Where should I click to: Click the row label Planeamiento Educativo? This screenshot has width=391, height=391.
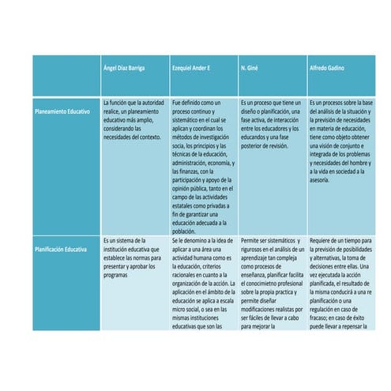[x=62, y=112]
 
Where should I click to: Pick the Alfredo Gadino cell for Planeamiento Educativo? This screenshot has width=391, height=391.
[x=340, y=142]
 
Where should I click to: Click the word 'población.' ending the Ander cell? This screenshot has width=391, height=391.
[x=184, y=231]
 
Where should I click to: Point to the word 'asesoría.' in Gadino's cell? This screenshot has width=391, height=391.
[x=320, y=180]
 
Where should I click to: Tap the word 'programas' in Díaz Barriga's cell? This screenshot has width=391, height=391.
[x=118, y=275]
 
